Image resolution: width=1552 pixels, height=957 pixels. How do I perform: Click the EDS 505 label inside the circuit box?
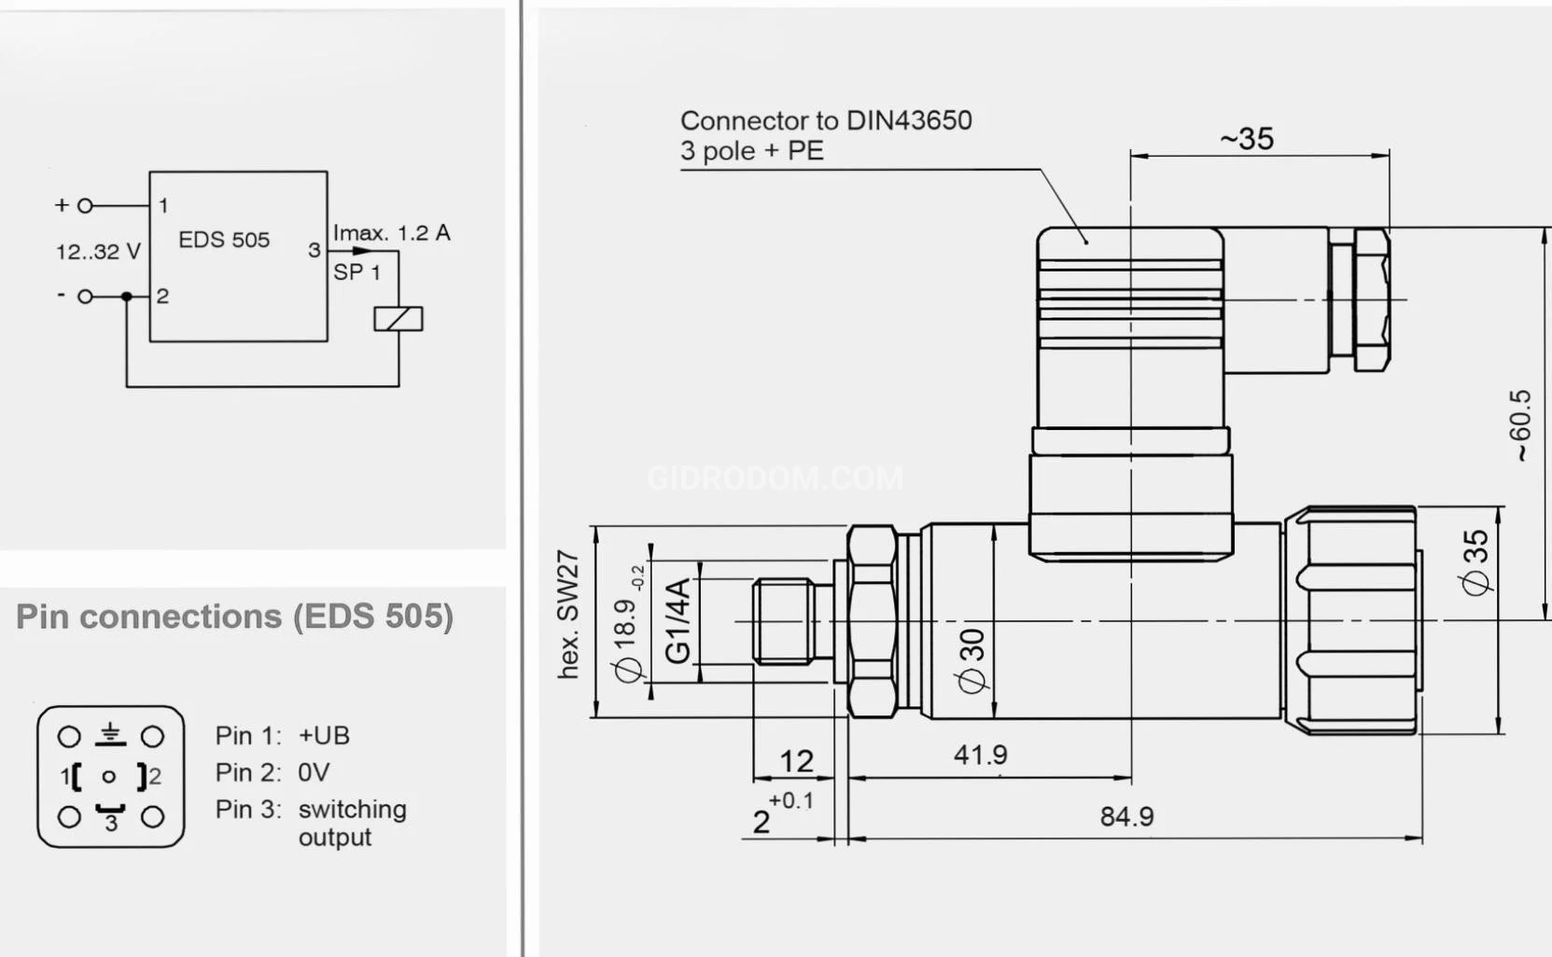[223, 240]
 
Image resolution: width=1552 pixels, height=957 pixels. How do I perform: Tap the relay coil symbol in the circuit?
[398, 319]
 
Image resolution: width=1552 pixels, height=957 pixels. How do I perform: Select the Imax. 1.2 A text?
[391, 232]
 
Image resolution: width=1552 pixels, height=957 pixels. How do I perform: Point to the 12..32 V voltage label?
[98, 252]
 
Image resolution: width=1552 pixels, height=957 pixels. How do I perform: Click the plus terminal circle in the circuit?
[85, 205]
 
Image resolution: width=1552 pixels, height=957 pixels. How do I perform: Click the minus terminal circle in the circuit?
[85, 297]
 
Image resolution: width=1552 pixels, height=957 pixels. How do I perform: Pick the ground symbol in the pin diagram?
[111, 734]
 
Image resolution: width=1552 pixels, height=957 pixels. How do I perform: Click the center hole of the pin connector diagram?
[109, 776]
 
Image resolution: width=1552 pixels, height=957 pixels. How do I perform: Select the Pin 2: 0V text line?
[273, 772]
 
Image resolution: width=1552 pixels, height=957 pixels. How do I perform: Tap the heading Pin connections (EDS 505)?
[234, 617]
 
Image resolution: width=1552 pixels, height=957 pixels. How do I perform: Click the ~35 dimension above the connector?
[1246, 139]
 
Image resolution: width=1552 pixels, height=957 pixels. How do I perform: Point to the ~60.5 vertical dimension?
[1520, 425]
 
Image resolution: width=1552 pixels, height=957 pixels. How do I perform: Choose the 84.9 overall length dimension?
[1126, 817]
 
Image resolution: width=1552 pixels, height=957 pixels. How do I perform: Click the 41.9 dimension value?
[980, 755]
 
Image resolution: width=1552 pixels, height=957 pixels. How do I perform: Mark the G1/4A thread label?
[678, 620]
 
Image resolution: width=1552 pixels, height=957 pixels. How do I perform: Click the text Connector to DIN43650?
[825, 120]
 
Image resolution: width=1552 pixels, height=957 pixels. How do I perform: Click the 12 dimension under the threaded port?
[796, 761]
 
